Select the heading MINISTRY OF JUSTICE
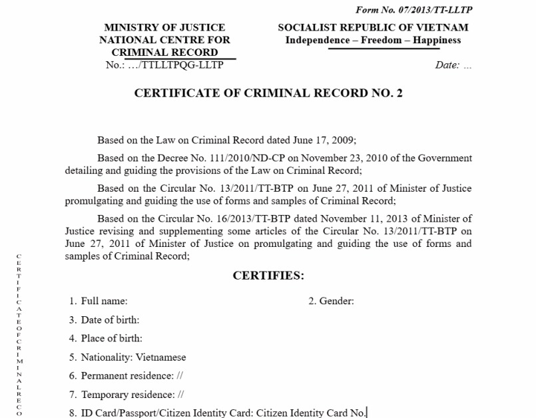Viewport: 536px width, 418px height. pos(164,27)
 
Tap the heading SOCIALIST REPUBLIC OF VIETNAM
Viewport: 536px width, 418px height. pos(373,27)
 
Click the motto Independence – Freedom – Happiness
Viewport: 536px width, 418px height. pos(373,40)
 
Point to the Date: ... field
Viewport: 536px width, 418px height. pos(453,65)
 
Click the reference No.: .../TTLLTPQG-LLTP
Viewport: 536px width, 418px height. pos(164,65)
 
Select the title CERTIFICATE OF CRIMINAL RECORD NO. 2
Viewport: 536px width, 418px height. pos(268,93)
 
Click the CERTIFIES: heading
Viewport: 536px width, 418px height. pos(268,276)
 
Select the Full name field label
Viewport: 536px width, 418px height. pos(104,301)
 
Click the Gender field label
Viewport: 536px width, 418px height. pos(336,301)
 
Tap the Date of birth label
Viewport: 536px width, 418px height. pos(110,319)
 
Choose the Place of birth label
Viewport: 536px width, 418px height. pos(111,338)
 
